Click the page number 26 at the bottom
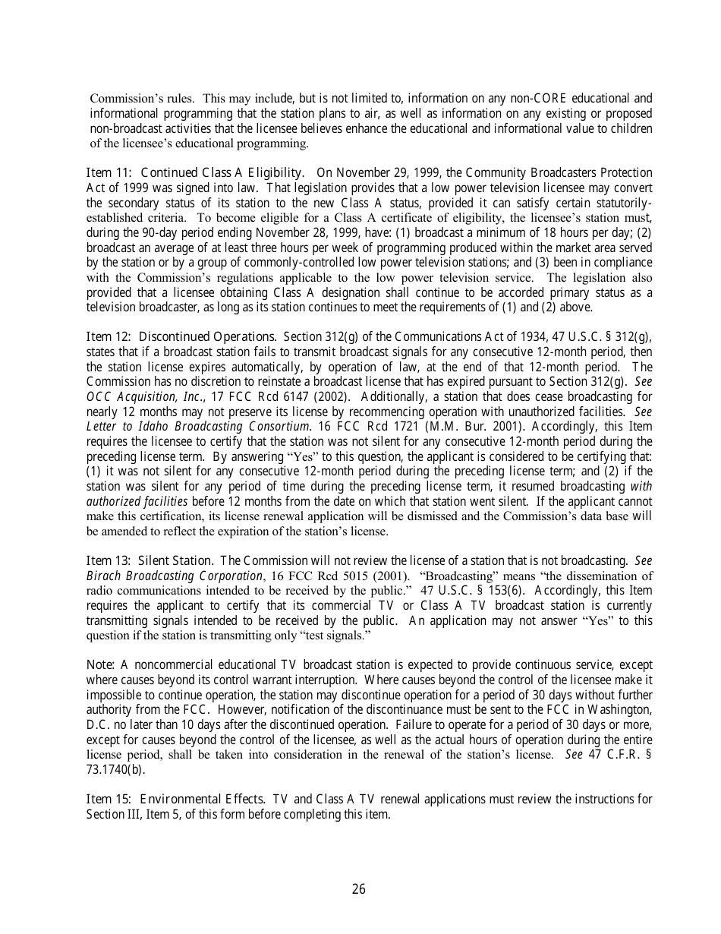[x=359, y=889]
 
